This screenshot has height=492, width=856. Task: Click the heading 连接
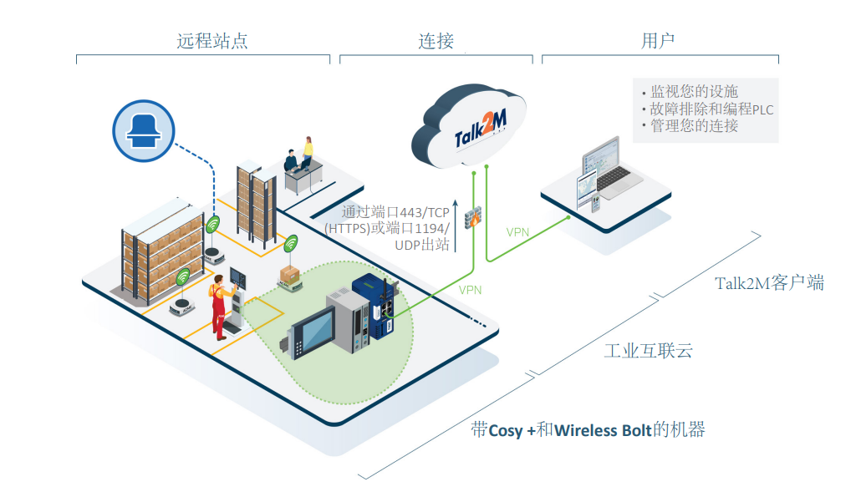click(436, 40)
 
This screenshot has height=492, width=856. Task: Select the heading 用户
click(658, 40)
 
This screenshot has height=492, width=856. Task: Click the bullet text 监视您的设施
click(693, 92)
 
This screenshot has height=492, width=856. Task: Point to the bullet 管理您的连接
click(693, 126)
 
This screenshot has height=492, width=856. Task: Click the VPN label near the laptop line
click(518, 231)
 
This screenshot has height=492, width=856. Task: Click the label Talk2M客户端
click(769, 283)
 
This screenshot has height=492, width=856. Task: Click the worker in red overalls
click(218, 303)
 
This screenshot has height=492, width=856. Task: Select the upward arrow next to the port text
click(456, 222)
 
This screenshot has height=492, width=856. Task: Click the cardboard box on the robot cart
click(292, 275)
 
